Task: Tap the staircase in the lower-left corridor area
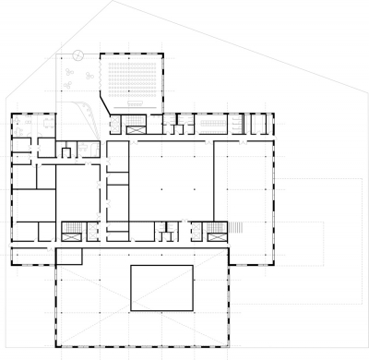pos(71,231)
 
